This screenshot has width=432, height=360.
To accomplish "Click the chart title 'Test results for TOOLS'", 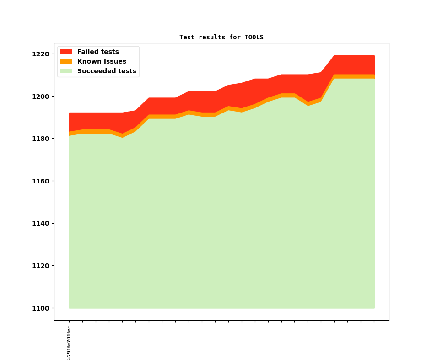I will [x=221, y=37].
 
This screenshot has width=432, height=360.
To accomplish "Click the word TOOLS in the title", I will [x=254, y=37].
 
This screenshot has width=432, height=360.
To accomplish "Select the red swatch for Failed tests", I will [x=66, y=52].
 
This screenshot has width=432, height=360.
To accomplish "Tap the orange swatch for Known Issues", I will [x=66, y=61].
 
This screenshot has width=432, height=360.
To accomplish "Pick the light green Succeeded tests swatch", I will [x=66, y=71].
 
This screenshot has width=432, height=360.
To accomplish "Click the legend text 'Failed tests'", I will [x=98, y=52].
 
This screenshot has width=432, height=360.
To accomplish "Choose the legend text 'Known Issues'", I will [x=102, y=61].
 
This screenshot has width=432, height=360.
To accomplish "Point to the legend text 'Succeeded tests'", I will [x=107, y=71].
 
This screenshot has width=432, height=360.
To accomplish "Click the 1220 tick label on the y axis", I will [x=41, y=54].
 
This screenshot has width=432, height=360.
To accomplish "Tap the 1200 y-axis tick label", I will [x=41, y=97].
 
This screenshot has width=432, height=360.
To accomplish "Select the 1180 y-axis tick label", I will [x=41, y=139].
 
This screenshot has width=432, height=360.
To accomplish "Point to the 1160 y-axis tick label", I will [x=41, y=181].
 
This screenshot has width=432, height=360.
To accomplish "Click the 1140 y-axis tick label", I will [x=41, y=223].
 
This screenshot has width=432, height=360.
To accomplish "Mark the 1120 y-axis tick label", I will [x=41, y=266].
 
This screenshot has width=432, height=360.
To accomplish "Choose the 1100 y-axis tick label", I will [x=41, y=308].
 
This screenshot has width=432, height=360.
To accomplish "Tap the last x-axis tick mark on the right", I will [x=374, y=322].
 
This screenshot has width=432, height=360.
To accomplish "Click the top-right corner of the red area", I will [x=374, y=56].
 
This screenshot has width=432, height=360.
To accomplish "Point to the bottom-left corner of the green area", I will [x=70, y=308].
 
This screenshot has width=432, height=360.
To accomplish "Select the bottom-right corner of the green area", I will [x=374, y=308].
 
